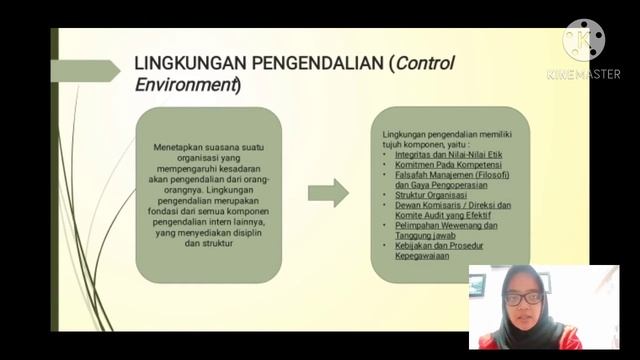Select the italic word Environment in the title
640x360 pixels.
pyautogui.click(x=185, y=85)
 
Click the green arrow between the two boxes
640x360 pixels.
pyautogui.click(x=327, y=192)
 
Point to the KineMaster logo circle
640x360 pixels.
pyautogui.click(x=583, y=40)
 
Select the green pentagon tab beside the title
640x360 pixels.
pyautogui.click(x=84, y=71)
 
